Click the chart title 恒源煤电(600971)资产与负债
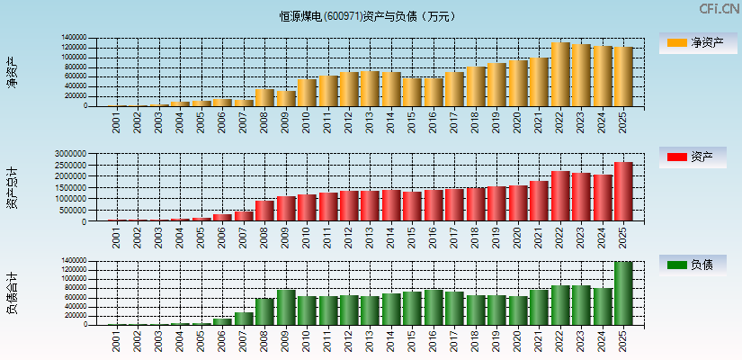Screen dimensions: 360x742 368,16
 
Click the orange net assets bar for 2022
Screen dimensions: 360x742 560,75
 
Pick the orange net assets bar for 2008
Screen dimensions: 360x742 264,97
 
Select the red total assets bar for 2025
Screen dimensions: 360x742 623,192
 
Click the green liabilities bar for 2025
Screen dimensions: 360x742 623,293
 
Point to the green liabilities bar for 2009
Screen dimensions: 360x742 286,307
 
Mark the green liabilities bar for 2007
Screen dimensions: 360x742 243,319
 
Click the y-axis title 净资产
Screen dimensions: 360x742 13,72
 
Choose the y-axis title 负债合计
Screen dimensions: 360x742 13,293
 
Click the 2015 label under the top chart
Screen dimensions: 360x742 411,122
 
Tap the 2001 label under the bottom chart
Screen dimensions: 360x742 116,341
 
